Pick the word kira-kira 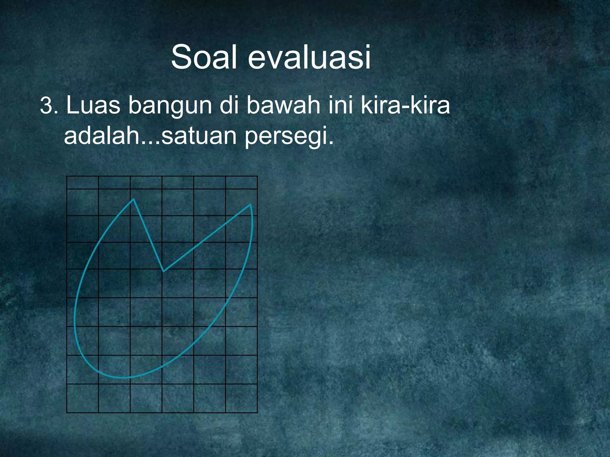point(405,105)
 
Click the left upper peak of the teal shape point(133,199)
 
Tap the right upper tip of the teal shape point(250,204)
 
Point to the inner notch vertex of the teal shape point(163,271)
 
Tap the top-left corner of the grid point(67,176)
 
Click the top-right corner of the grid point(257,176)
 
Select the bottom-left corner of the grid point(67,413)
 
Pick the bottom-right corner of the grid point(257,413)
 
